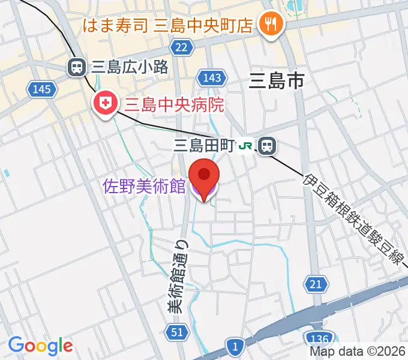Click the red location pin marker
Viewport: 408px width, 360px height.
click(x=204, y=175)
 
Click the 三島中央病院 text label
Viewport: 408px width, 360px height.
click(x=174, y=106)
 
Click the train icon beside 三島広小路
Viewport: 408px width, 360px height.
click(x=77, y=67)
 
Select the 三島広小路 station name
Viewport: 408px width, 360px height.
click(x=129, y=67)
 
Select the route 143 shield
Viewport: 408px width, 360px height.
click(x=214, y=77)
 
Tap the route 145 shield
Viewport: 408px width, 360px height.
click(x=42, y=89)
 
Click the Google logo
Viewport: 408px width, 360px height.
click(x=40, y=346)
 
